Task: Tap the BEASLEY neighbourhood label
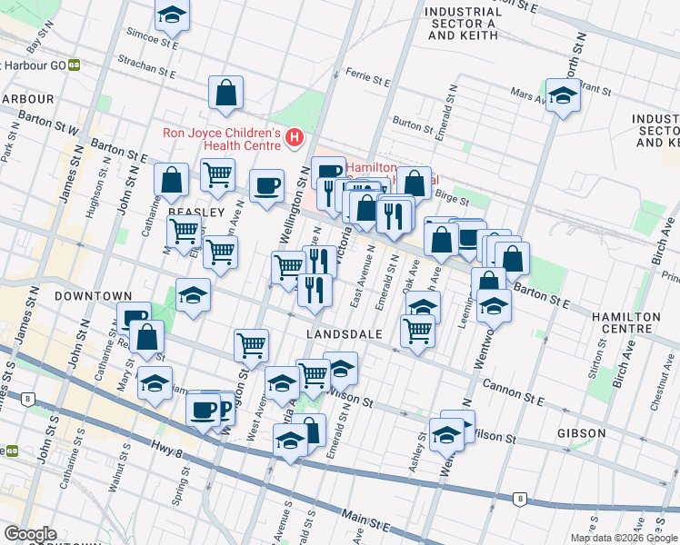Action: [x=195, y=212]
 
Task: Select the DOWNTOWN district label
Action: [x=87, y=296]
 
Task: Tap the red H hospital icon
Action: [x=295, y=138]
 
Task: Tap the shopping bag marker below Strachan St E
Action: [x=225, y=92]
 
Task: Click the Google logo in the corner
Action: [x=30, y=534]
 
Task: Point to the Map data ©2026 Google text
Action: [x=623, y=538]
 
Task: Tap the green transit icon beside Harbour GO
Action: [x=74, y=64]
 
